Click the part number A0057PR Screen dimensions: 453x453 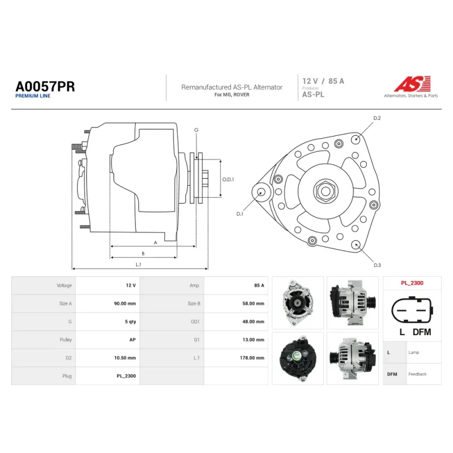tap(45, 87)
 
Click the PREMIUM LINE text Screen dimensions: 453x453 tap(33, 96)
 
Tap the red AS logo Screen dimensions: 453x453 tap(412, 83)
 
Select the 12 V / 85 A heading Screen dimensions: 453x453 tap(323, 81)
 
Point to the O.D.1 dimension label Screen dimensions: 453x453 tap(228, 180)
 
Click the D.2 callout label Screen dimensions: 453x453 tap(377, 118)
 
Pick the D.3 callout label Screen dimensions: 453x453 tap(377, 265)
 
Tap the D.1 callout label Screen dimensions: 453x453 tap(240, 214)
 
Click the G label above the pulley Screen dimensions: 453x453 tap(196, 130)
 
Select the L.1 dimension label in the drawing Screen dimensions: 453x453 tap(138, 264)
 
